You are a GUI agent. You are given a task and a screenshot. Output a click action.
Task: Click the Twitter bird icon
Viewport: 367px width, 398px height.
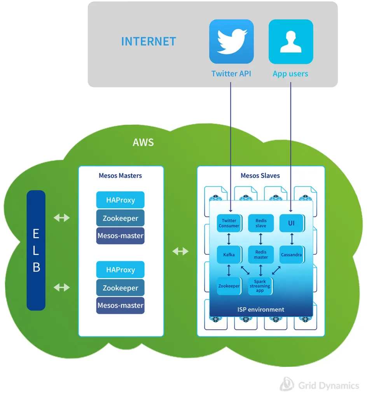coord(231,42)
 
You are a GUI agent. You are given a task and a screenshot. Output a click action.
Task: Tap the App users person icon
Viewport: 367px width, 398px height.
coord(291,42)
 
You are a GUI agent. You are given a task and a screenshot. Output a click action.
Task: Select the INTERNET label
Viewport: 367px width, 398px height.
coord(149,42)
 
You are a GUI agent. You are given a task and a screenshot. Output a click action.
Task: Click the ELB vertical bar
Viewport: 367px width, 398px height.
coord(36,250)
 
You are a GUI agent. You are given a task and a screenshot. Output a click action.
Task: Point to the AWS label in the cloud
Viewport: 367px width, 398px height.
coord(143,142)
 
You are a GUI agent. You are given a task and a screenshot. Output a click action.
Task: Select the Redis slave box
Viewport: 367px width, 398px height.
coord(260,223)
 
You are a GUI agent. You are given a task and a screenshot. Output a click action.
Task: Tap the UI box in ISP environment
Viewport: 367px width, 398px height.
coord(291,223)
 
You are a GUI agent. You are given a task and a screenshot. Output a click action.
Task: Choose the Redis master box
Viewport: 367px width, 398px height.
coord(260,255)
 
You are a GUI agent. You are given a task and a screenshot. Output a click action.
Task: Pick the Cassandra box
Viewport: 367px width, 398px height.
coord(291,255)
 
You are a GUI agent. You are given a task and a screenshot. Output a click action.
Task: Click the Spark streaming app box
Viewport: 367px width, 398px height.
coord(260,286)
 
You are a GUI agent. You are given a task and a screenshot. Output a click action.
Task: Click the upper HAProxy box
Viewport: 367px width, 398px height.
coord(121,200)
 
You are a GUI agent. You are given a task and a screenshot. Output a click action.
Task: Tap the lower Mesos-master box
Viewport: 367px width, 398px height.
coord(121,305)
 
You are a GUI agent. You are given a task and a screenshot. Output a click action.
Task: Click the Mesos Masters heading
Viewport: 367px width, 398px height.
coord(120,176)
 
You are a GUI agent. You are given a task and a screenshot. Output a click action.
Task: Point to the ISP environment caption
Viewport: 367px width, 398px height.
coord(261,310)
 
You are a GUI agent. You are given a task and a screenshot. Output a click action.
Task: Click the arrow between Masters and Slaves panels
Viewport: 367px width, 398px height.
coord(180,251)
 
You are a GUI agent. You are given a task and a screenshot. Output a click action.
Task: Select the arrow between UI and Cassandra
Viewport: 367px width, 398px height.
coord(291,238)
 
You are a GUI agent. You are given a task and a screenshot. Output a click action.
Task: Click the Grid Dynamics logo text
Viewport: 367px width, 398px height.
coord(329,386)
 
